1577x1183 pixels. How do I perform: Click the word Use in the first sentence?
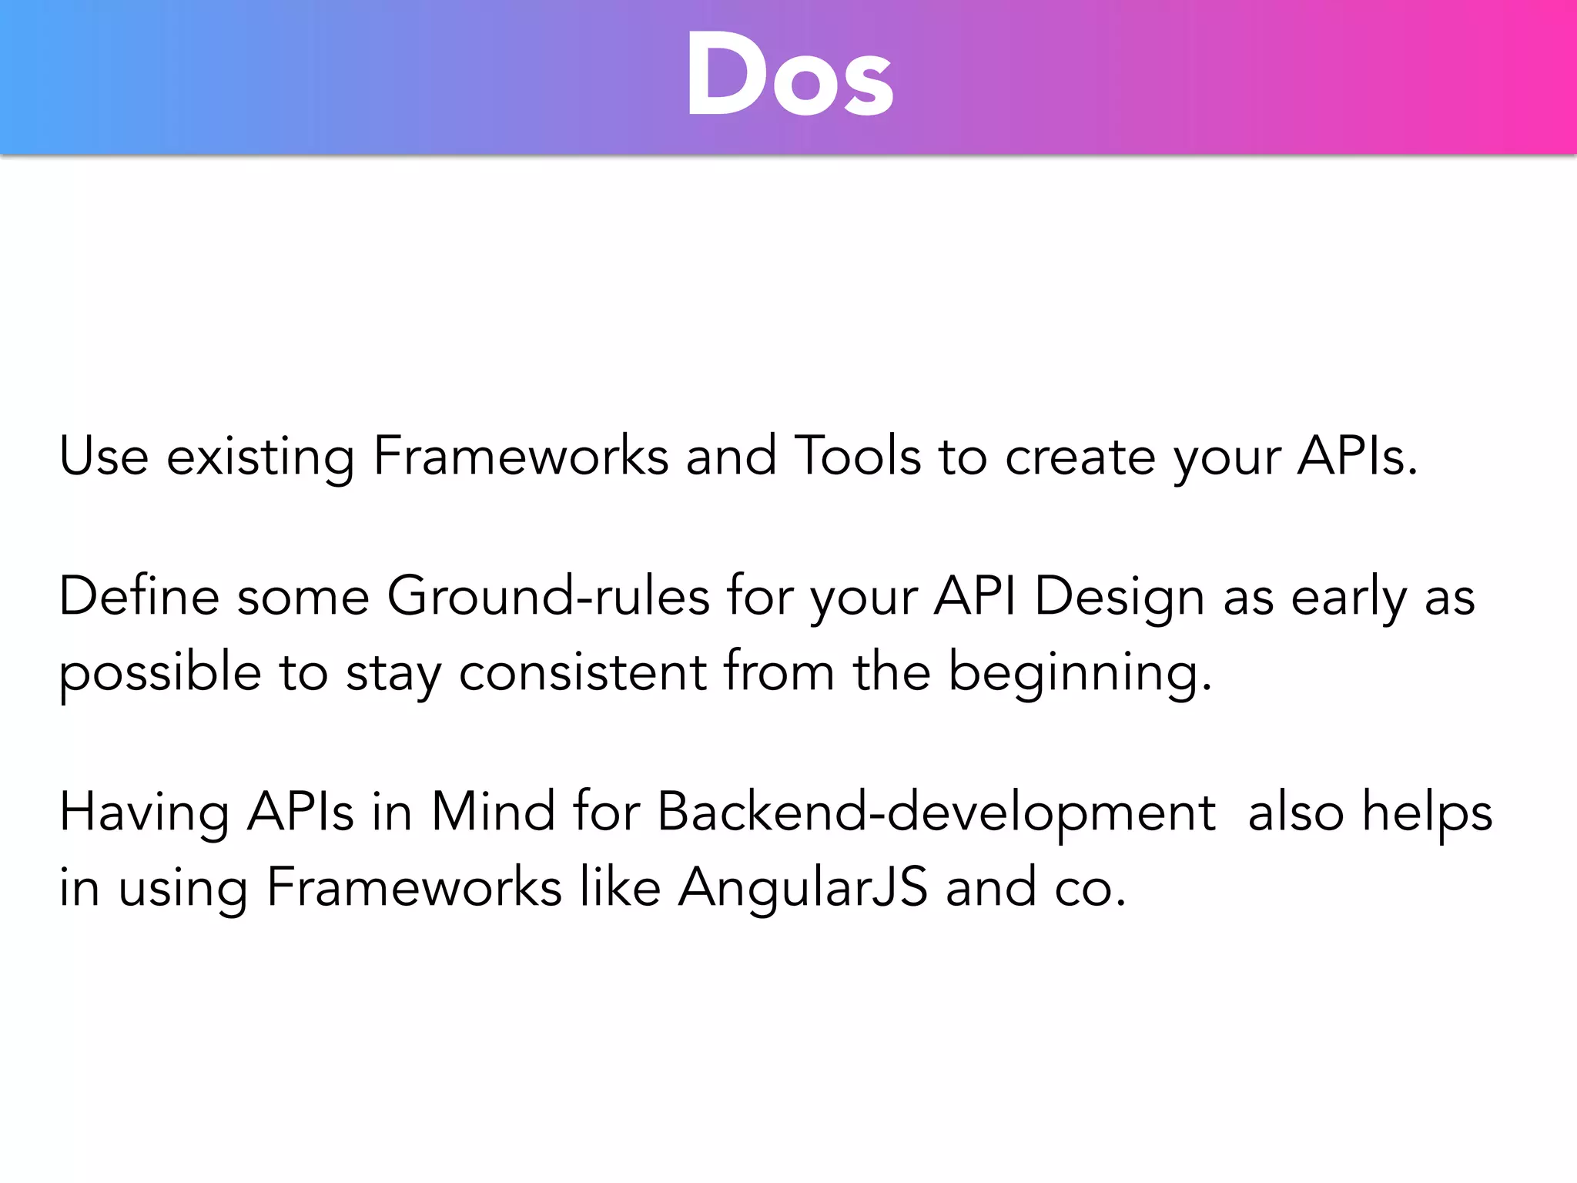coord(103,457)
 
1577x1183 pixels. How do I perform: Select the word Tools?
coord(857,456)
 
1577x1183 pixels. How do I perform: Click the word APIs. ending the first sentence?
coord(1357,457)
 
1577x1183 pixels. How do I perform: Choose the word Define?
coord(139,596)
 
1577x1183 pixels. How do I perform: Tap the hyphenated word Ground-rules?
coord(547,596)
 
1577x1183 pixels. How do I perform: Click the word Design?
coord(1119,598)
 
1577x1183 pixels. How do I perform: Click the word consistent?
coord(582,672)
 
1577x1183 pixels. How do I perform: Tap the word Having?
coord(144,813)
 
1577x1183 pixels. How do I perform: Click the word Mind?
coord(493,812)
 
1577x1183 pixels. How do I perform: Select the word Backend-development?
coord(936,813)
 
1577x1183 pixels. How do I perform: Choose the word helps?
coord(1427,813)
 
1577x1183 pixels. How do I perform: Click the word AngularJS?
coord(802,888)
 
